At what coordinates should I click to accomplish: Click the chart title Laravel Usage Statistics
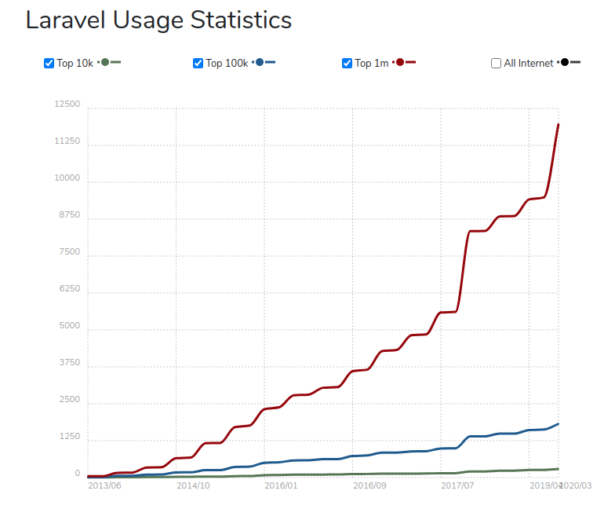[158, 20]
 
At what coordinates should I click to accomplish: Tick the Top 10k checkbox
[49, 64]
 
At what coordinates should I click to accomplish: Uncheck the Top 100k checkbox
[198, 64]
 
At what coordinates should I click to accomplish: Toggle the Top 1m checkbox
[347, 64]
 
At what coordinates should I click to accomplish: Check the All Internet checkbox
[496, 64]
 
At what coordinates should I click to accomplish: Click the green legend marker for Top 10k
[105, 62]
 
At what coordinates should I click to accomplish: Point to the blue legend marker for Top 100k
[260, 62]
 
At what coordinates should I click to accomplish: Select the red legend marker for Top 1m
[400, 62]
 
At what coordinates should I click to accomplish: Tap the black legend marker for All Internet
[565, 62]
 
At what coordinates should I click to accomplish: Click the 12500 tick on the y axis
[67, 104]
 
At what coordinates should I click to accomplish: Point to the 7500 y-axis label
[69, 252]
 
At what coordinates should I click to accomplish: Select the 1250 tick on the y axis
[69, 437]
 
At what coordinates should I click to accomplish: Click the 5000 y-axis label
[69, 326]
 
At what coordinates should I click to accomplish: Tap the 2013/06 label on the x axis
[104, 485]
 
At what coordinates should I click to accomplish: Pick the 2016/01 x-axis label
[281, 485]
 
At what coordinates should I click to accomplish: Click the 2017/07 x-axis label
[457, 485]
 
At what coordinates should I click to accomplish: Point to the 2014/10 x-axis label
[193, 485]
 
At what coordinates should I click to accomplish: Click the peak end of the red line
[558, 124]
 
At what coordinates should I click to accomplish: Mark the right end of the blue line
[558, 424]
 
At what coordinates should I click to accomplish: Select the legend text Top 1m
[371, 64]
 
